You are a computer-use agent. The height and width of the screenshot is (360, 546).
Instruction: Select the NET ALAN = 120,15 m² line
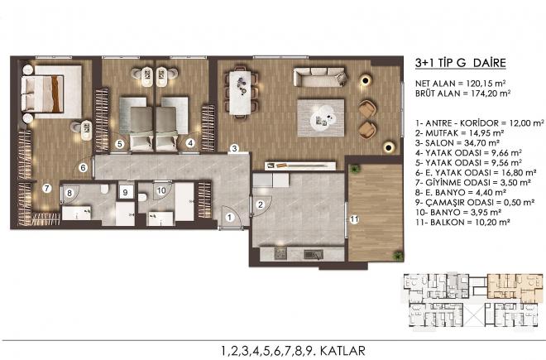click(460, 84)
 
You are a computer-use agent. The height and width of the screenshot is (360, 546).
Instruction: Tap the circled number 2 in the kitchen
click(260, 204)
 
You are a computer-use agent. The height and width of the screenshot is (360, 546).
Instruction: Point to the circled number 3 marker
click(235, 148)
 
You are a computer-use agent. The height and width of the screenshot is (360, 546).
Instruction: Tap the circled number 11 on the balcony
click(354, 219)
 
